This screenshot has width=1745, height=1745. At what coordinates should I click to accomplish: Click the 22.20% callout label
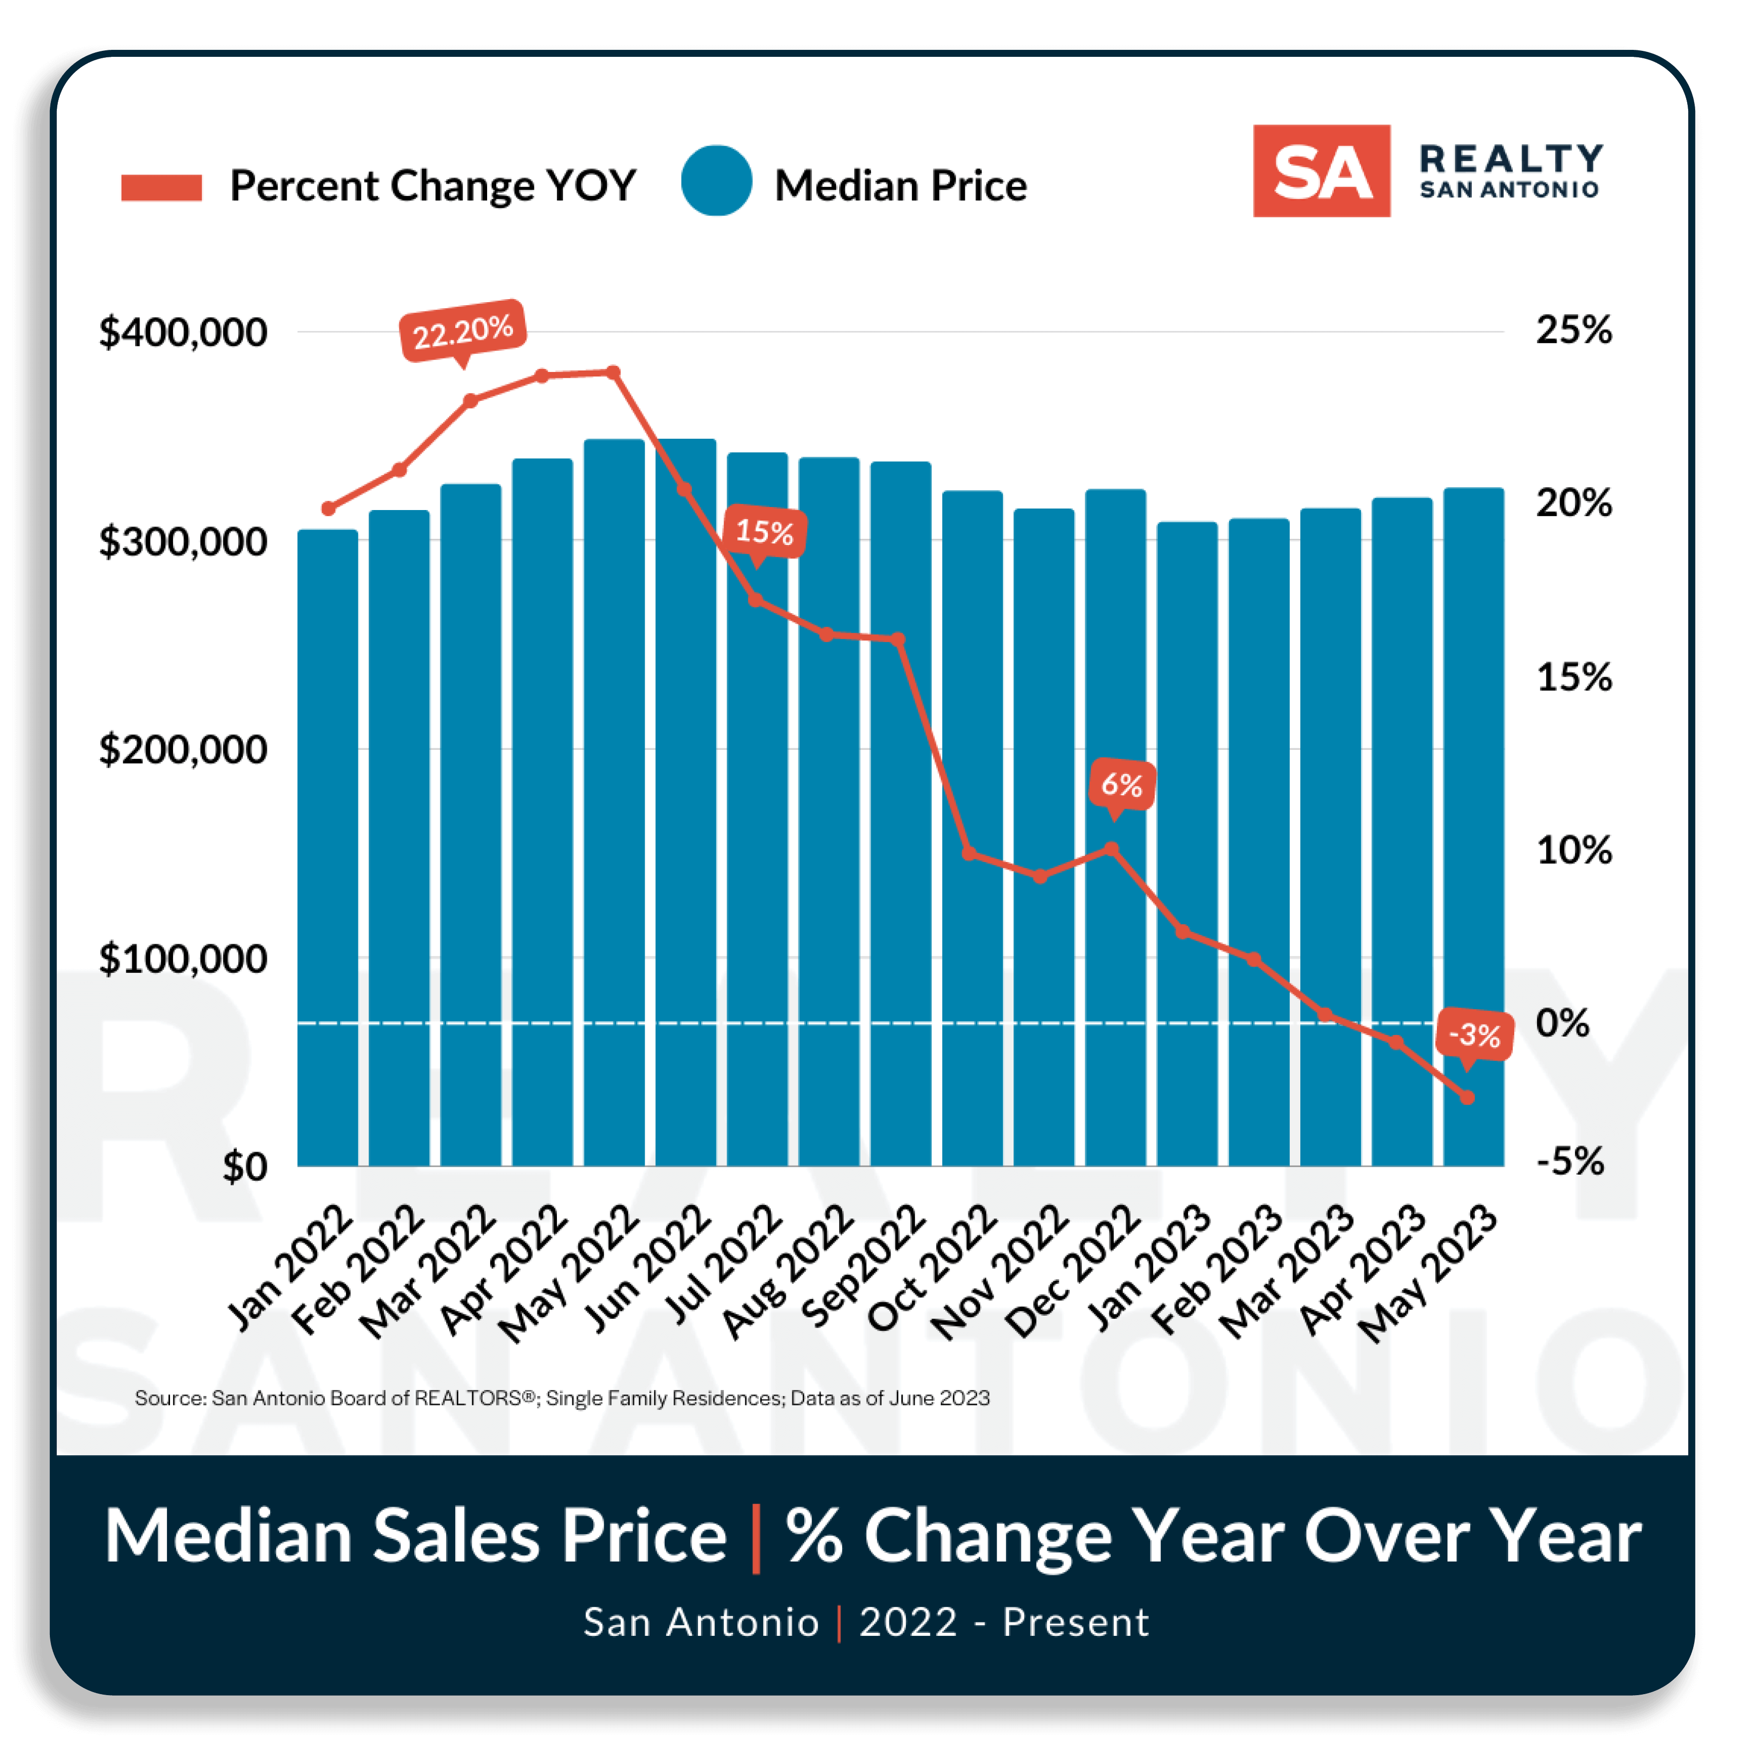[463, 331]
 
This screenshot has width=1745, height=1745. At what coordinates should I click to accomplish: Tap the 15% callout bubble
[764, 531]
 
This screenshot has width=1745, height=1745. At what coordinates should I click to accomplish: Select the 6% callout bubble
[1121, 784]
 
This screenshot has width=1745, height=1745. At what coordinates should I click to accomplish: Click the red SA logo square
[1321, 171]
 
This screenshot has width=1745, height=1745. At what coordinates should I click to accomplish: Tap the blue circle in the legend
[716, 180]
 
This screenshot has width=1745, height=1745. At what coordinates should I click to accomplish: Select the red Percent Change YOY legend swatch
[162, 187]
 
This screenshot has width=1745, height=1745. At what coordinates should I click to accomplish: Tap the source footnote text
[562, 1398]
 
